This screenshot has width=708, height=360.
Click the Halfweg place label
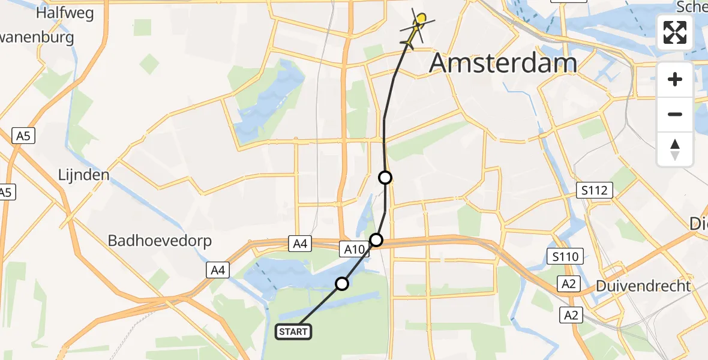[64, 13]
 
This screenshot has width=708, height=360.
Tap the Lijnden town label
[84, 175]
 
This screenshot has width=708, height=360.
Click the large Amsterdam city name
[503, 63]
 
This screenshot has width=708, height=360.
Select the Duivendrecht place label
[643, 286]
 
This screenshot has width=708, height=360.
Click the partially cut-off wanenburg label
[37, 38]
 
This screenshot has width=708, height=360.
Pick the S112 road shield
[595, 191]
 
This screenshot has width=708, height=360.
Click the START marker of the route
[293, 331]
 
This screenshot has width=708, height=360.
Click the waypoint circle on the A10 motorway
[376, 240]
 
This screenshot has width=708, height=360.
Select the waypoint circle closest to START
[342, 283]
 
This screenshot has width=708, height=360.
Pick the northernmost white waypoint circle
[385, 178]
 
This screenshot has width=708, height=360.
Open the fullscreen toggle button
[675, 32]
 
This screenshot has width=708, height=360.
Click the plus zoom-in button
[675, 79]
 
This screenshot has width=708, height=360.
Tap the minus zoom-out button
[675, 114]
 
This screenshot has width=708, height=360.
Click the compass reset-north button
[675, 149]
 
